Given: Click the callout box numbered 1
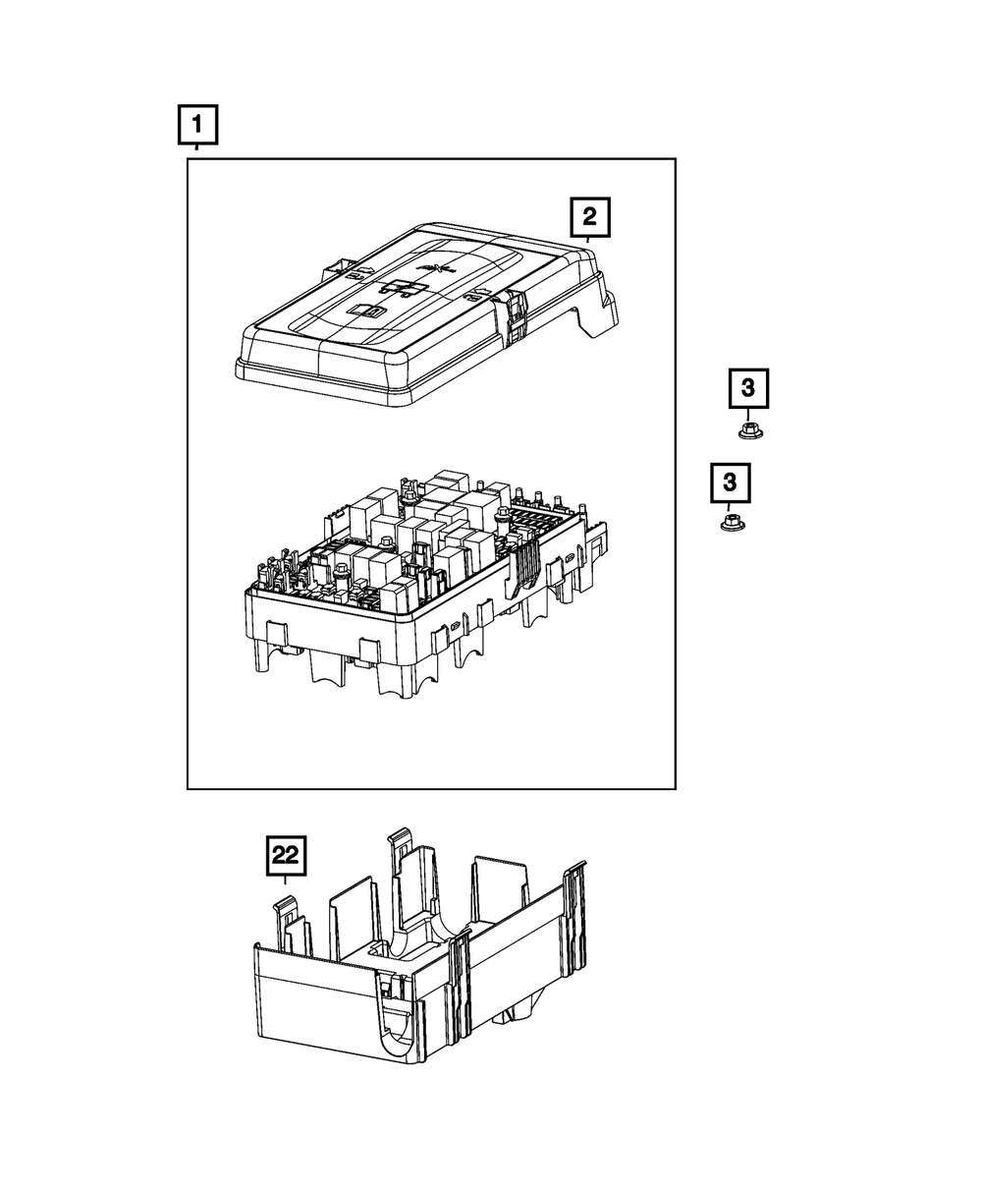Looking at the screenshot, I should point(197,126).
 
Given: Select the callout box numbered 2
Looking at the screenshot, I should point(589,217).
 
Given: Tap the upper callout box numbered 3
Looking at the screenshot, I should point(748,388).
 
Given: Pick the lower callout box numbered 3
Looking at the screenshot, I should point(730,483).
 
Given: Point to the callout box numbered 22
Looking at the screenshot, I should point(285,856).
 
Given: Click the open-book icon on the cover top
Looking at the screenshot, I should point(369,310).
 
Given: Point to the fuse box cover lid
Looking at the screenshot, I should point(412,314).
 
